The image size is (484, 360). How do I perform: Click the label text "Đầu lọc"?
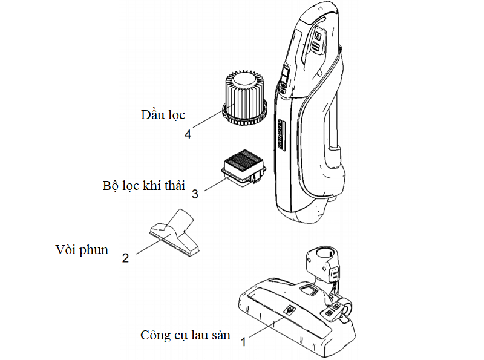pyautogui.click(x=163, y=114)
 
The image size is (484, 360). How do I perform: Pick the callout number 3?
pyautogui.click(x=195, y=194)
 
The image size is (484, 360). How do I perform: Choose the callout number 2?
pyautogui.click(x=125, y=257)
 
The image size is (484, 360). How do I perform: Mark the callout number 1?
pyautogui.click(x=244, y=342)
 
